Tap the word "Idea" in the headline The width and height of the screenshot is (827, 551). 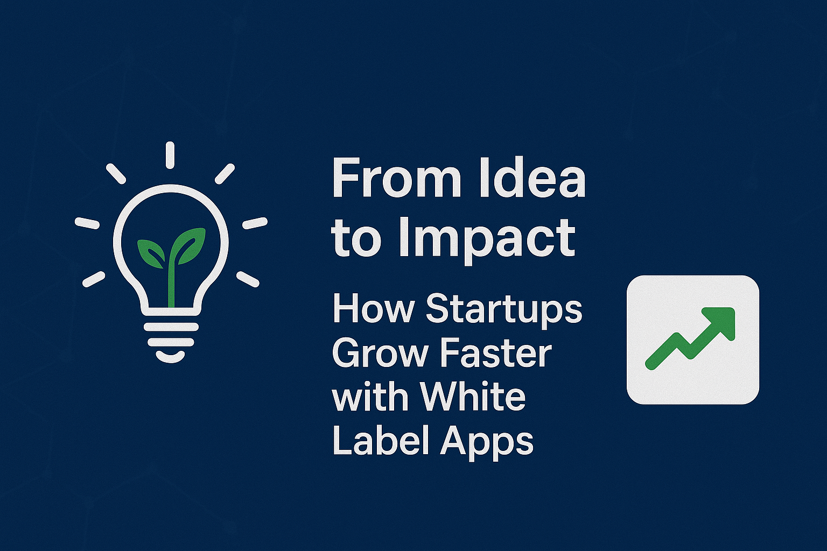point(532,179)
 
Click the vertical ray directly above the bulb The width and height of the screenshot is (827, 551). point(170,155)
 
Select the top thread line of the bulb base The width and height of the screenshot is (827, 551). point(171,327)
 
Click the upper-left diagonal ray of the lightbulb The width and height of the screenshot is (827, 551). point(116,173)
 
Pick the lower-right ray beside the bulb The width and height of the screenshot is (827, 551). point(248,279)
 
